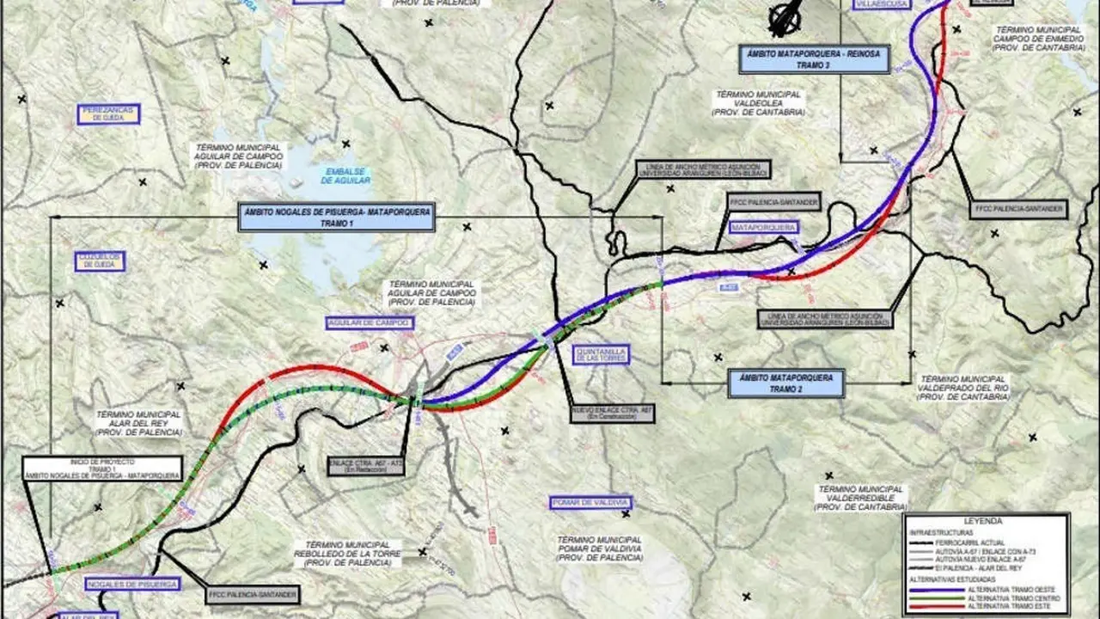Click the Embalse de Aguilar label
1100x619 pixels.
pos(346,175)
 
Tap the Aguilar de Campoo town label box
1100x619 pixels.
pos(370,323)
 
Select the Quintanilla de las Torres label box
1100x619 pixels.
pos(601,354)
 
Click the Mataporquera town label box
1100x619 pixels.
pos(763,228)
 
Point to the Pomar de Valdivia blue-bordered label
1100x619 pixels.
pos(590,503)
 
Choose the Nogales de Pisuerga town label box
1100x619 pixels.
pos(132,585)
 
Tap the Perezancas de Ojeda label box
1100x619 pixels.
pos(108,114)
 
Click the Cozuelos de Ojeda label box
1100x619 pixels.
pos(101,261)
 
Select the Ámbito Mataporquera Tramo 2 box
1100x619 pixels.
pos(786,383)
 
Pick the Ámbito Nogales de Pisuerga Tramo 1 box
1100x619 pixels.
pos(337,217)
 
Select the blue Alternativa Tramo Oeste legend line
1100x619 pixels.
pos(932,589)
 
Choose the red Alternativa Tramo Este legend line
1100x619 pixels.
pos(932,607)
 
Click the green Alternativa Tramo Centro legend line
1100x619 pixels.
pos(932,598)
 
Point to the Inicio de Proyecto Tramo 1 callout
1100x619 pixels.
pos(103,469)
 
